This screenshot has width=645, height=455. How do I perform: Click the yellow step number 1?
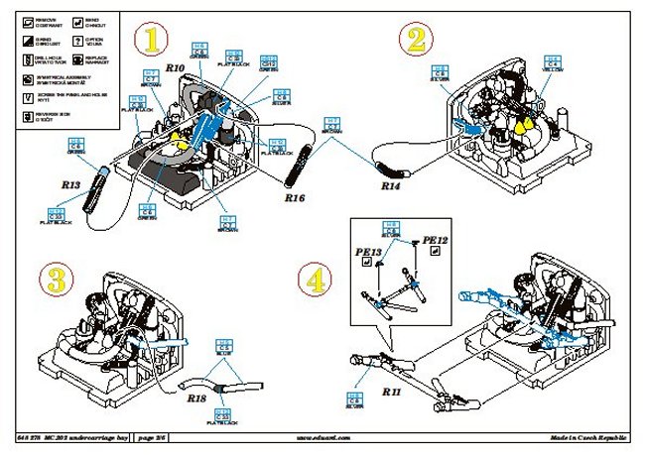[x=152, y=40]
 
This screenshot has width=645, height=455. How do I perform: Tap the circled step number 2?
[x=416, y=40]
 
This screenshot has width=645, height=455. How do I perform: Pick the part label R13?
[x=70, y=183]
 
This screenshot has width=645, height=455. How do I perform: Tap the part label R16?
[x=294, y=198]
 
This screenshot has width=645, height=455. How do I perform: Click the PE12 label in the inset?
[x=437, y=240]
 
